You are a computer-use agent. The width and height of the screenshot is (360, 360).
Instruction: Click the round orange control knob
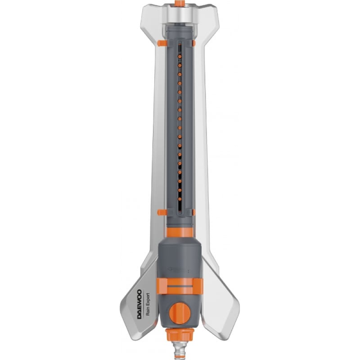tap(180, 312)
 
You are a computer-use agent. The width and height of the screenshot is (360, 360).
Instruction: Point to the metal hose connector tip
tap(180, 351)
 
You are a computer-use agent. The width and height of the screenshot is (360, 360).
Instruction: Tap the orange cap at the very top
tap(180, 4)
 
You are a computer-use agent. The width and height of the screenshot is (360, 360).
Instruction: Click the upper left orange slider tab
tap(163, 43)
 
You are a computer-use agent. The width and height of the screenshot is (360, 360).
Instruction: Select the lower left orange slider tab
tap(163, 211)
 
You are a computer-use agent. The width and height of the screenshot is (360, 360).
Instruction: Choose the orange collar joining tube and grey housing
tap(180, 231)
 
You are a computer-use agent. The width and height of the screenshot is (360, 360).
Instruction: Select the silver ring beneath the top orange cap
tap(180, 13)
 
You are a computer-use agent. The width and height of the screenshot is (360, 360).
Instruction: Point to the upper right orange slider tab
tap(197, 43)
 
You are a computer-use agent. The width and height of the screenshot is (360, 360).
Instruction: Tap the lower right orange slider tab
tap(197, 211)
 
